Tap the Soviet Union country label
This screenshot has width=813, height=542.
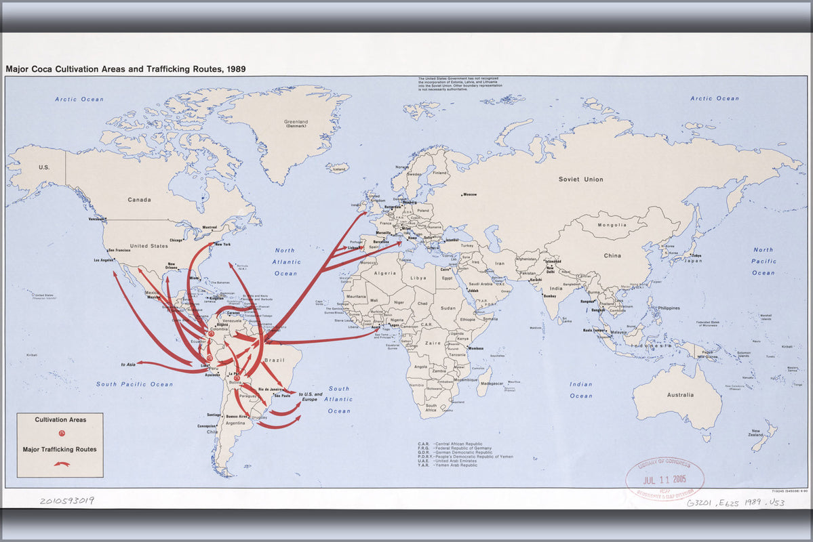click(x=580, y=180)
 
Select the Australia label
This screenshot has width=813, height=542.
click(x=680, y=395)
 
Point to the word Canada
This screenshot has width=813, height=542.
click(x=140, y=200)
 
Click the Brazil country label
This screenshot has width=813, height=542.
click(x=275, y=360)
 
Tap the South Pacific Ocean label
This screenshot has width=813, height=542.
click(x=134, y=384)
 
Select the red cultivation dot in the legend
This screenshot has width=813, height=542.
click(x=61, y=434)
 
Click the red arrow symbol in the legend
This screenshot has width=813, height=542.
click(x=61, y=463)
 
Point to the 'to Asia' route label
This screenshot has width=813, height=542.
click(x=129, y=364)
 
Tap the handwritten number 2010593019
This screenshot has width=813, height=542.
click(x=66, y=501)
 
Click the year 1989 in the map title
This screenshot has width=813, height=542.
click(x=235, y=68)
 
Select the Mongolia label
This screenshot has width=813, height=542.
click(x=612, y=225)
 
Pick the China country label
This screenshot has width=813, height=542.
click(x=612, y=255)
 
